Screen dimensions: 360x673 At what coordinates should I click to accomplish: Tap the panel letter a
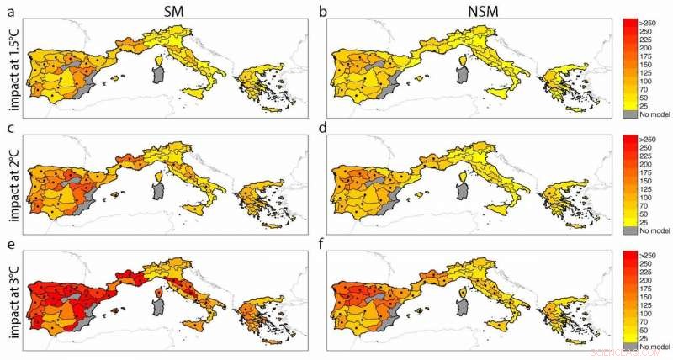click(8, 10)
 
